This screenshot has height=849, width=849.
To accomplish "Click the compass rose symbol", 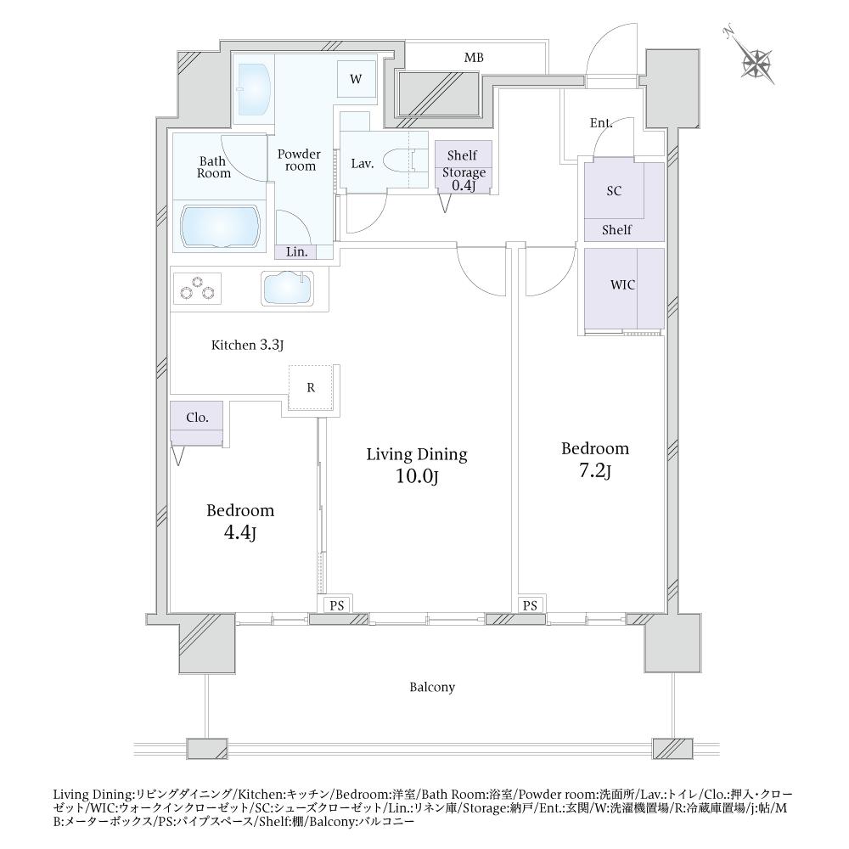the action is pyautogui.click(x=756, y=61).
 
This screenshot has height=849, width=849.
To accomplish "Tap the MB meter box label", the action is pyautogui.click(x=474, y=58).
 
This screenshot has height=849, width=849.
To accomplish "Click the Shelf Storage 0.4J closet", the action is pyautogui.click(x=462, y=166).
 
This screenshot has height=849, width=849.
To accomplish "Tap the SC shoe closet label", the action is pyautogui.click(x=614, y=191).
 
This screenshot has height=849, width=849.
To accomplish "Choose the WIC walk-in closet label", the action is pyautogui.click(x=623, y=285).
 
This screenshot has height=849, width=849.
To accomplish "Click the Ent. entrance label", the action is pyautogui.click(x=601, y=124).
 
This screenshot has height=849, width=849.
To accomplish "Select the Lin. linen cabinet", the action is pyautogui.click(x=296, y=251).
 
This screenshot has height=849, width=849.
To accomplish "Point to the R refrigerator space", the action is pyautogui.click(x=311, y=388).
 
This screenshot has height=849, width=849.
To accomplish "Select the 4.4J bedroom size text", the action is pyautogui.click(x=240, y=535).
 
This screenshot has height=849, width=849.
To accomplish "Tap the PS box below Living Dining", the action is pyautogui.click(x=337, y=604).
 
